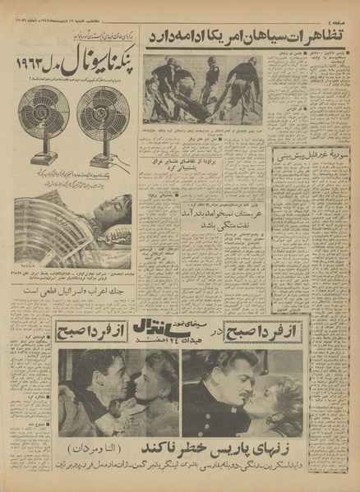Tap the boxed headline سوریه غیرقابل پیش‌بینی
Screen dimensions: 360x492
pyautogui.click(x=312, y=154)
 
